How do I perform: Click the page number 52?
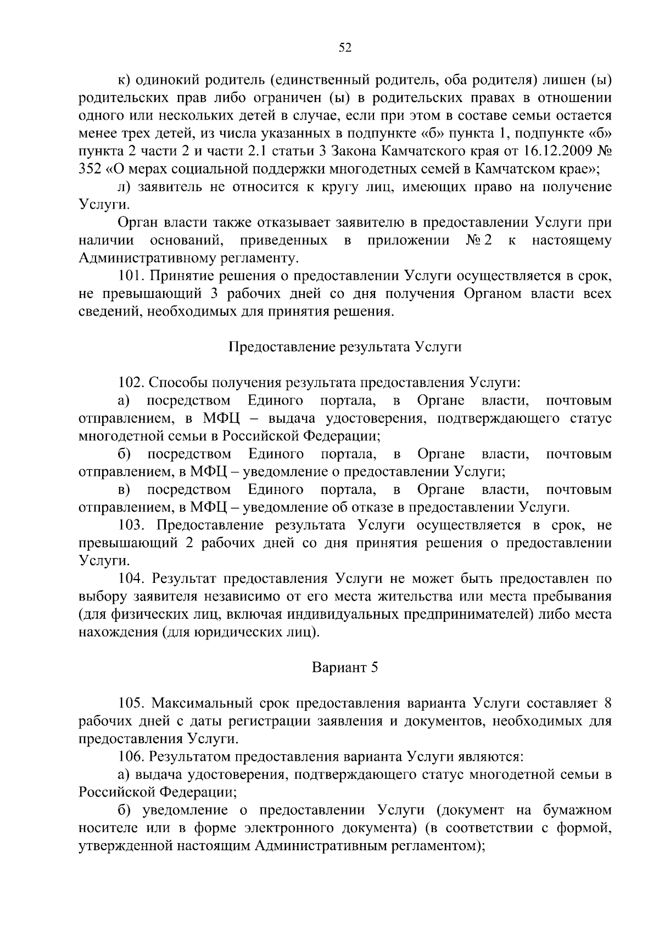click(344, 48)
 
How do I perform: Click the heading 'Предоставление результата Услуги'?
click(344, 347)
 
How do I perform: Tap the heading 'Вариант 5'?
click(345, 667)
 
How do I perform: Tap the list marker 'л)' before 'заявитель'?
click(125, 187)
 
